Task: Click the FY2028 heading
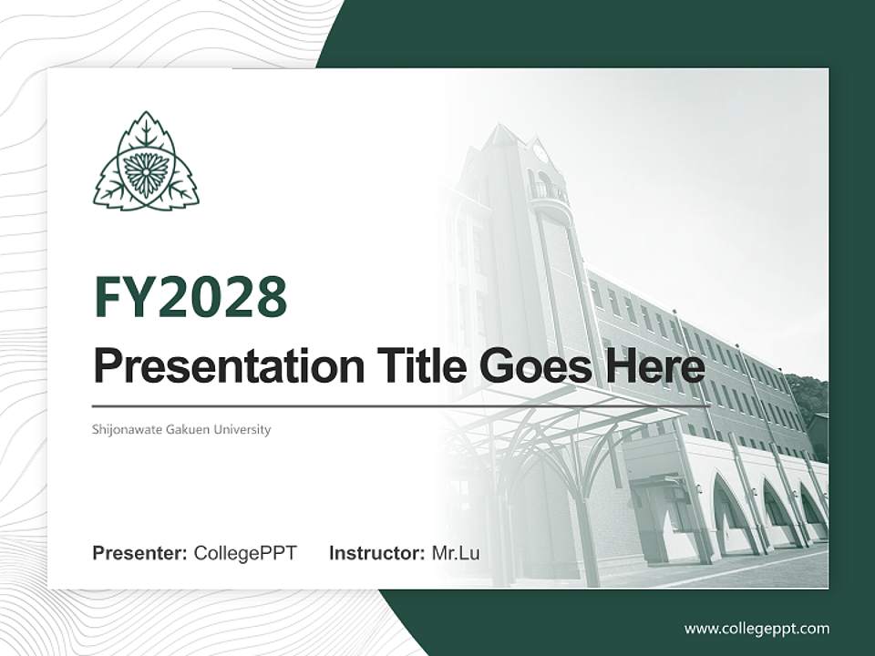pyautogui.click(x=190, y=297)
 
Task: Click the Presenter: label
pyautogui.click(x=140, y=553)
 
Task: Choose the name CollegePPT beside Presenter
pyautogui.click(x=245, y=553)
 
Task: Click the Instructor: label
pyautogui.click(x=376, y=553)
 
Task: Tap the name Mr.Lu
pyautogui.click(x=456, y=553)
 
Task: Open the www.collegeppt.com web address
pyautogui.click(x=757, y=628)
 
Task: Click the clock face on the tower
pyautogui.click(x=540, y=151)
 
